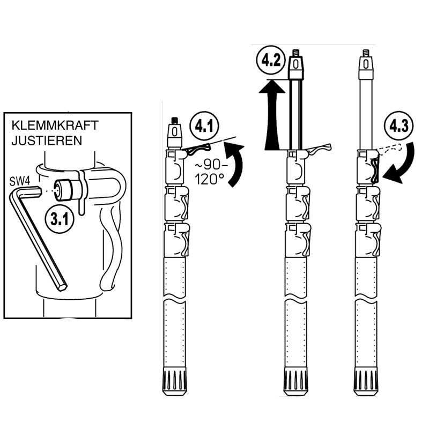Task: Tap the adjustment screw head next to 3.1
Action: coord(69,189)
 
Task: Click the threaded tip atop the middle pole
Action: coord(295,53)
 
